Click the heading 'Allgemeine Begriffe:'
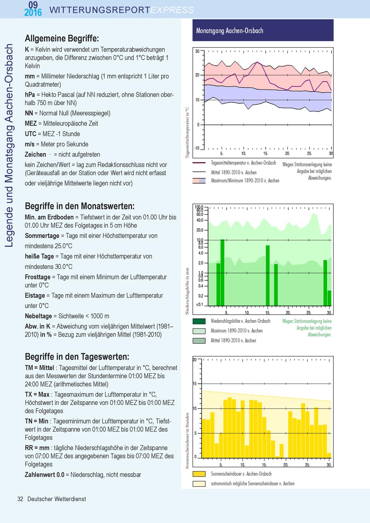tap(62, 38)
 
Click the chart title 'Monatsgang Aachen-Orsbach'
tap(229, 31)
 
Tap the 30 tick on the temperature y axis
tap(197, 51)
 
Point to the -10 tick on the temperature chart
tap(197, 148)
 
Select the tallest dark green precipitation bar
tap(222, 272)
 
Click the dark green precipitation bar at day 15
tap(268, 275)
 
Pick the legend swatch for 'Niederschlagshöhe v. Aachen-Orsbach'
tap(199, 321)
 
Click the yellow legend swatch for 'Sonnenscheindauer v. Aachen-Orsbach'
tap(199, 474)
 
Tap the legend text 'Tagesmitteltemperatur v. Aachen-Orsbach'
tap(243, 163)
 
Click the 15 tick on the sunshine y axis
tap(195, 383)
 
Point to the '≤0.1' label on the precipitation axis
tap(199, 305)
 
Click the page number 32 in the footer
tap(20, 499)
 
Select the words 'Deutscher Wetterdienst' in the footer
tap(57, 499)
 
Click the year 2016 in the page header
tap(33, 12)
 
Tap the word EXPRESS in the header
tap(172, 10)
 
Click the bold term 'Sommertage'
tap(42, 236)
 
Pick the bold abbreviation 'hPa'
tap(30, 95)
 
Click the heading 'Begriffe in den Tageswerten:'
tap(77, 357)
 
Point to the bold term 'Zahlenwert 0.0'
tap(44, 475)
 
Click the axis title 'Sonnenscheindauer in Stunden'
tap(187, 440)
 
